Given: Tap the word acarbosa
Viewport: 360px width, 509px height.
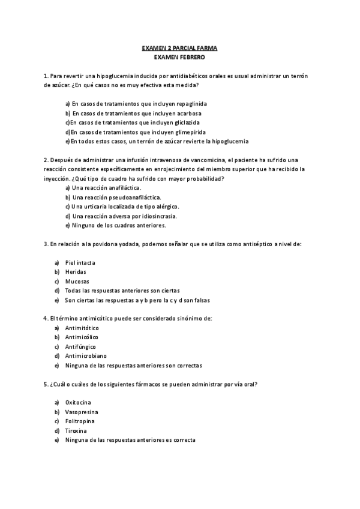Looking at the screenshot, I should click(x=187, y=113).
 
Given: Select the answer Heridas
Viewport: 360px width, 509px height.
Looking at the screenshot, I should click(x=76, y=272).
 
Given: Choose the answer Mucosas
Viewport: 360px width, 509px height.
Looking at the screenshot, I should click(x=77, y=282).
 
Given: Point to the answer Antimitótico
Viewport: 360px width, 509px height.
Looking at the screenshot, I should click(x=82, y=328).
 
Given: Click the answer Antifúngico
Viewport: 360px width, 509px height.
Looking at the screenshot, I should click(x=81, y=347).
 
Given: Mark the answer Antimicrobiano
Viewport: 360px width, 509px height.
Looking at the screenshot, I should click(x=85, y=356).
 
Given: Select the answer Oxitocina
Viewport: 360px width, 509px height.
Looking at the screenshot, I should click(x=79, y=403).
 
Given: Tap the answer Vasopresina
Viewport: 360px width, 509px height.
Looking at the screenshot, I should click(x=82, y=412).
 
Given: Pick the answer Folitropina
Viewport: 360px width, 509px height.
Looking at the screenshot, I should click(x=80, y=421).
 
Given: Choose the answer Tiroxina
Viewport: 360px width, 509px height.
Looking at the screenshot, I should click(x=76, y=431).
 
